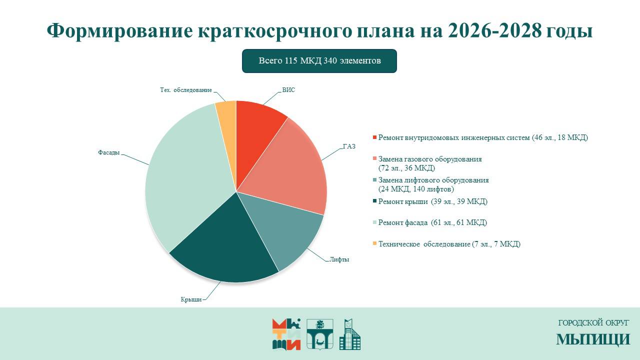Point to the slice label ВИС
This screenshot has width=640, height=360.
tap(288, 90)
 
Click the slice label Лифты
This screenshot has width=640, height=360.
tap(339, 259)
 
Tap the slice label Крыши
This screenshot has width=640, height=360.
tap(191, 299)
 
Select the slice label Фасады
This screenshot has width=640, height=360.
tap(108, 152)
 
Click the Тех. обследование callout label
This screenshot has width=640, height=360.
tap(185, 90)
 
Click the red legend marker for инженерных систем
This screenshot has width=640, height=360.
tap(375, 137)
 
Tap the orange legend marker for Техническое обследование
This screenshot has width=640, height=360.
tap(375, 244)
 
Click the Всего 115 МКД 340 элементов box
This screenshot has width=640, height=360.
tap(319, 61)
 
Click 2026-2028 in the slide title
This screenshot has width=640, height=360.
tap(495, 31)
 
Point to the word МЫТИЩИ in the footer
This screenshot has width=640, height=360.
tap(593, 339)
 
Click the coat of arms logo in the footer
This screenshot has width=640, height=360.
tap(319, 334)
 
